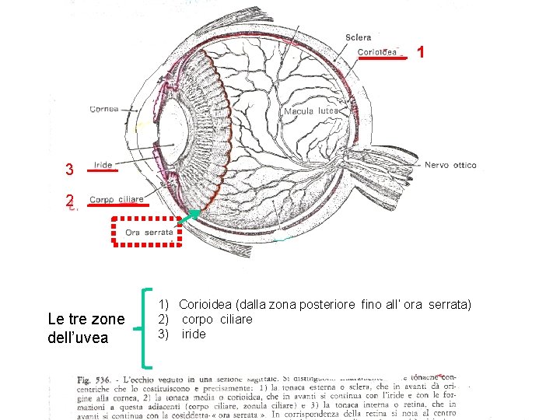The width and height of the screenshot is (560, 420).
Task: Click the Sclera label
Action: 358,37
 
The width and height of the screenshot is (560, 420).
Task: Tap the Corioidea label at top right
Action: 378,52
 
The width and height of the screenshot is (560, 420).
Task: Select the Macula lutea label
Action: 311,111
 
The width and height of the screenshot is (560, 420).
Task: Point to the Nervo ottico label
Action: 450,165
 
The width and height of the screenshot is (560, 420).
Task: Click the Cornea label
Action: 103,109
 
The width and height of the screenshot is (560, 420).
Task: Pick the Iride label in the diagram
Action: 103,165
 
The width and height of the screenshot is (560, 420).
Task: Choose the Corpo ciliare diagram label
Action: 117,200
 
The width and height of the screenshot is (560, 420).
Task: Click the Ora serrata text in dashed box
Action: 149,233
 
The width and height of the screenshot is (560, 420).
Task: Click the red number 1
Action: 420,52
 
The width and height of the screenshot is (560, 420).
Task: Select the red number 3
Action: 69,170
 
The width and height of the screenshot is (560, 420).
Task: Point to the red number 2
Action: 69,199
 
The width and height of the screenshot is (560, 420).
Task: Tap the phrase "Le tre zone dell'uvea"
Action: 86,328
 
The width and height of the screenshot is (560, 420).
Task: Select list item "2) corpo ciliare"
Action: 205,319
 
